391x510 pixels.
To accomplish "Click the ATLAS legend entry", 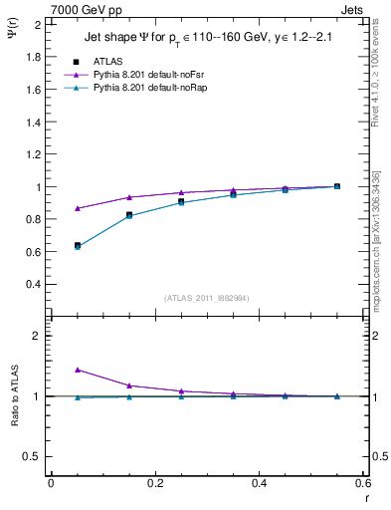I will (x=107, y=61).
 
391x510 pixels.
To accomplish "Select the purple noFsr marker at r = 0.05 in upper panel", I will (x=78, y=208).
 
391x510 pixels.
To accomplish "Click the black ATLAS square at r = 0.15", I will (x=129, y=214).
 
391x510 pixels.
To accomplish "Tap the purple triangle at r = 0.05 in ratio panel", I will (x=78, y=370).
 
